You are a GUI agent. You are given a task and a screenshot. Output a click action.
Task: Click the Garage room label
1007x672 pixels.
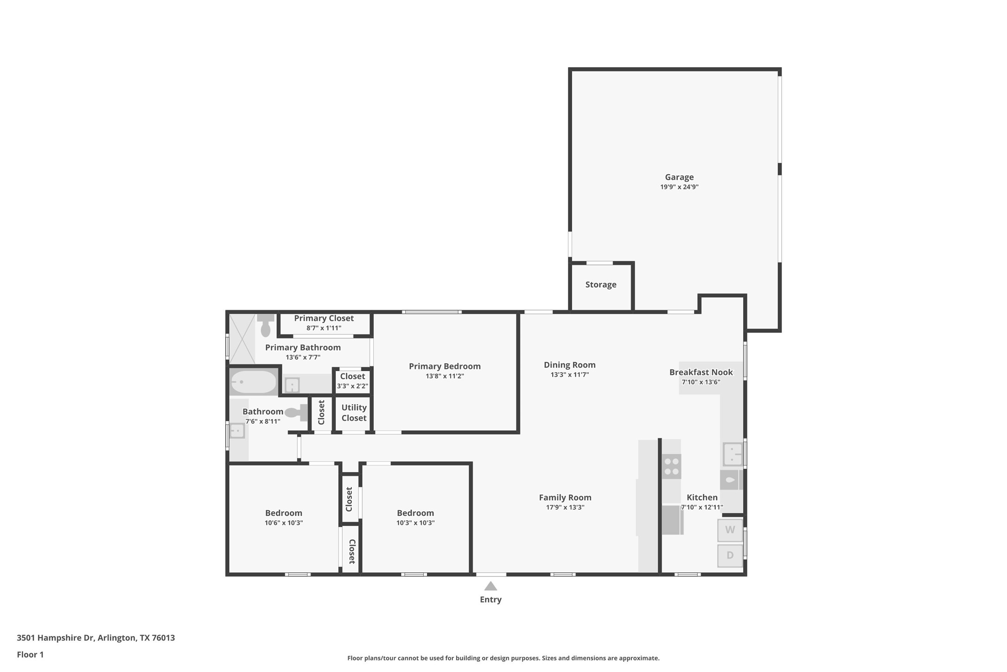point(679,177)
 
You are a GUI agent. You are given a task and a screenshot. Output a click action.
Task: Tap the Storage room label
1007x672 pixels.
point(600,284)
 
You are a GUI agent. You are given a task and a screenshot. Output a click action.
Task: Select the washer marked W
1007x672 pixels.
point(730,530)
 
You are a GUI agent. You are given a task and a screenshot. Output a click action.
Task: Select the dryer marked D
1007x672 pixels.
point(730,555)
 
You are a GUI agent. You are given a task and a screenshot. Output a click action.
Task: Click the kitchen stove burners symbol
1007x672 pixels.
point(671,466)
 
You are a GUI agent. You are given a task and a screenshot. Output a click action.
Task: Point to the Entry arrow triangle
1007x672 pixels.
point(491,586)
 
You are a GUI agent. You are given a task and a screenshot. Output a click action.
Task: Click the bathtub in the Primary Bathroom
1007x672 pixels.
point(254,382)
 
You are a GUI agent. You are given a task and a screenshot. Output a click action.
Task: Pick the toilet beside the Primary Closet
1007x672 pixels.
point(266,325)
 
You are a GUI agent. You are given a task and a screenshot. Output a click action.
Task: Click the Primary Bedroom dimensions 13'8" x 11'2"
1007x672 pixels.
point(445,376)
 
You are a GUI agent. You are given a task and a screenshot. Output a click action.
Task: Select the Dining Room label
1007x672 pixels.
point(569,365)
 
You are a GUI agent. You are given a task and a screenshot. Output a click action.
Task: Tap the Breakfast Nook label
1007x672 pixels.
point(701,372)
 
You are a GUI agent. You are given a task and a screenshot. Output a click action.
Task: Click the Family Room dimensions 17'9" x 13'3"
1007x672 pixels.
point(565,507)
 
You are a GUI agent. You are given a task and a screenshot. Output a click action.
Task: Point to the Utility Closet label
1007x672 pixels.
point(354,413)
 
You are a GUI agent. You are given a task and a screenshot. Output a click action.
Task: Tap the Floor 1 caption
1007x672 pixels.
point(30,655)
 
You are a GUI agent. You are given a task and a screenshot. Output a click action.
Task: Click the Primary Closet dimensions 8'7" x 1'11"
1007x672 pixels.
point(324,328)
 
